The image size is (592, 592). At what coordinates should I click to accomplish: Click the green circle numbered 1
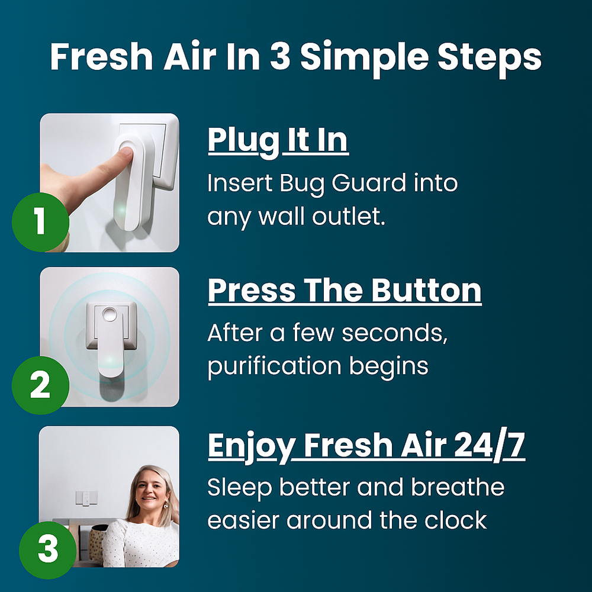(40, 223)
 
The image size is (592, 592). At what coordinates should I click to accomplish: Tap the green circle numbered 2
(40, 385)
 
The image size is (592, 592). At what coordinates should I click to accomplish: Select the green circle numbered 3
(47, 549)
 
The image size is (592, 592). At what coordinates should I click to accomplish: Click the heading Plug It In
(278, 140)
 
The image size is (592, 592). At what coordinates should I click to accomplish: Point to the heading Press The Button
(345, 291)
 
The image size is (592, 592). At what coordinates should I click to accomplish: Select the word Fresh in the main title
(96, 57)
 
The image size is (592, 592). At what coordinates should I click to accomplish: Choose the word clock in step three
(456, 520)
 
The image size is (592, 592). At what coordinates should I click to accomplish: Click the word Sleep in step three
(240, 487)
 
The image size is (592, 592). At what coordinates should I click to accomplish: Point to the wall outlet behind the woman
(86, 498)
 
